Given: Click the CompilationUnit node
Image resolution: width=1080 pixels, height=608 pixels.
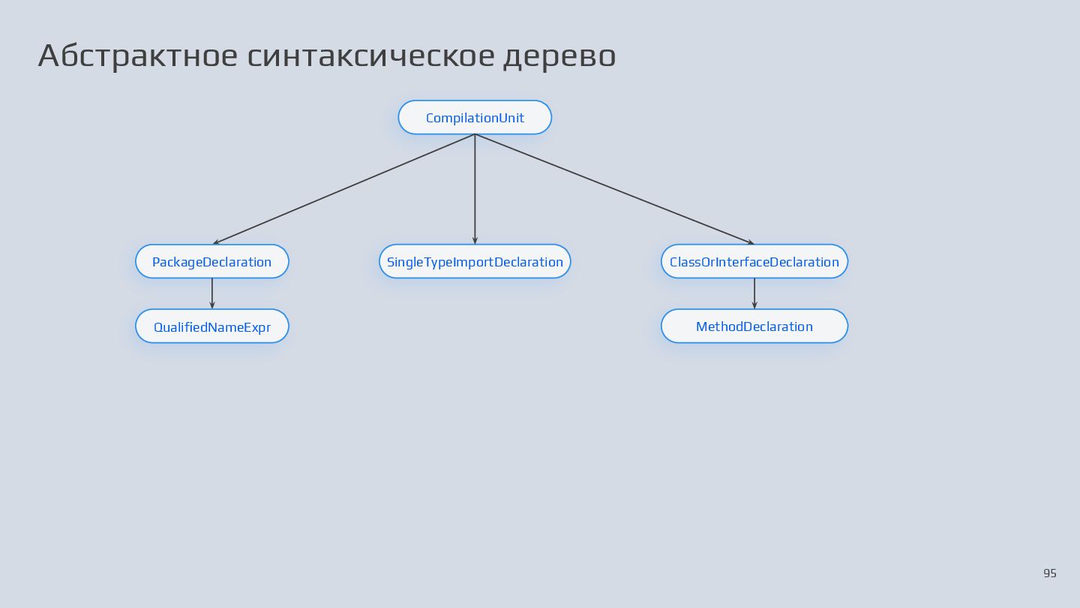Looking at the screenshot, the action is coord(475,118).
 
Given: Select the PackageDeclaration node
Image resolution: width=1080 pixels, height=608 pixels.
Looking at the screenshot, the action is coord(212,262).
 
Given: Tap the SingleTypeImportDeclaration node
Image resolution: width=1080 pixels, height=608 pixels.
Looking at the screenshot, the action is coord(475,262).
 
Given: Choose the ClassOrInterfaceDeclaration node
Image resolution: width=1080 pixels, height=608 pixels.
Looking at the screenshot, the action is coord(754,262).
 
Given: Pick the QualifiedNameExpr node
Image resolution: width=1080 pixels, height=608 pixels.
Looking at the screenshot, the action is coord(212,327).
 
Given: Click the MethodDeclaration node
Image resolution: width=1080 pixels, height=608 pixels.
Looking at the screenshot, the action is coord(754,327).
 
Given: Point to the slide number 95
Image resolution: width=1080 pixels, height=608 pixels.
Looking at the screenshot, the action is coord(1049,573).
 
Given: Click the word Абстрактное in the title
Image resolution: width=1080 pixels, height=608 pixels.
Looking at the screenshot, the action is coord(137,56).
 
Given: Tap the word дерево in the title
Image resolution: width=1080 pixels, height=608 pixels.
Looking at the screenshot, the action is coord(559,56).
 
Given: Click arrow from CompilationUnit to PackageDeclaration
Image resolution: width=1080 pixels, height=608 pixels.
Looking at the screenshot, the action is coord(343,189).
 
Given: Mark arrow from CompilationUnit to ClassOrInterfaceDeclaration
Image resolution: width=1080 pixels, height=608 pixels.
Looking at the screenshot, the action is coord(615,189).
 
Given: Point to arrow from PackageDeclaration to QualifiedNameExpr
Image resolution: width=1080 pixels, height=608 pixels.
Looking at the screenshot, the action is coord(212,293).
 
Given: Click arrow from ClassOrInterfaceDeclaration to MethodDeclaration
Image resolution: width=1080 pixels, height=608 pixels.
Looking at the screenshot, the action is coord(754,293).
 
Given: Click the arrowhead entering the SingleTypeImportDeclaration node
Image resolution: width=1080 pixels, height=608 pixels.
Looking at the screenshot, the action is coord(475,240).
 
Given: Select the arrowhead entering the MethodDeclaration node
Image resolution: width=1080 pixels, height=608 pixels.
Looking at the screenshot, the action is coord(754,305).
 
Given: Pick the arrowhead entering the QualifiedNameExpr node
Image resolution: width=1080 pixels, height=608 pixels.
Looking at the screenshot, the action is coord(212,305).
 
